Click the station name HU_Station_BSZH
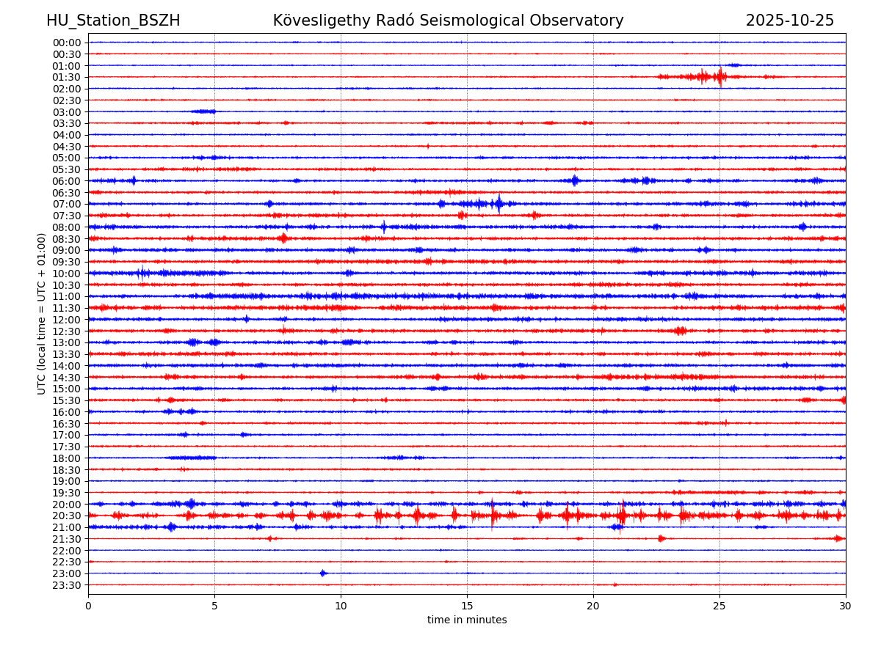tap(113, 21)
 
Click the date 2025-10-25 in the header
tap(790, 21)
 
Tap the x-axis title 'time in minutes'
tap(467, 620)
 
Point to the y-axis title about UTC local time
tap(42, 313)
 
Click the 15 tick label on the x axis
tap(467, 606)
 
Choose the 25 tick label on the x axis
tap(719, 606)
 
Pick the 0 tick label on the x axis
tap(88, 606)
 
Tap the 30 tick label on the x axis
tap(846, 606)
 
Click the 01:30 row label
tap(67, 77)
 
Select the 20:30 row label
tap(67, 516)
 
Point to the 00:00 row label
tap(67, 43)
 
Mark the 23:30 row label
tap(67, 585)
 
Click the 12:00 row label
tap(67, 320)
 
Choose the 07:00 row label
tap(67, 204)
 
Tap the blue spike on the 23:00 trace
tap(323, 573)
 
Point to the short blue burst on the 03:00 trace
tap(203, 111)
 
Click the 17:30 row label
tap(67, 447)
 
